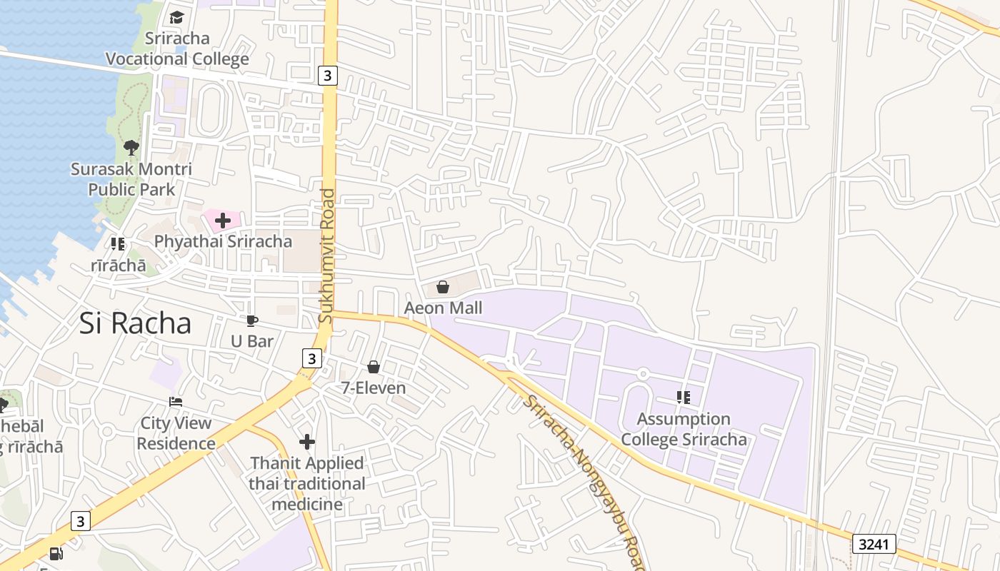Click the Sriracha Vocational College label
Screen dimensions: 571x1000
tap(177, 49)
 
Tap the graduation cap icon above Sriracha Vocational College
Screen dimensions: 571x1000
tap(176, 17)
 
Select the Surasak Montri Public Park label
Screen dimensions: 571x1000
tap(131, 179)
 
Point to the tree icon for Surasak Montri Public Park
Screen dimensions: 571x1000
tap(131, 148)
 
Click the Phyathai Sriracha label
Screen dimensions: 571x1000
tap(223, 241)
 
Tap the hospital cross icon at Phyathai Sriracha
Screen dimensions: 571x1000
tap(223, 221)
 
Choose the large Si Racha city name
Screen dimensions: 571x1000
tap(135, 323)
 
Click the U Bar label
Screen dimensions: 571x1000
tap(252, 341)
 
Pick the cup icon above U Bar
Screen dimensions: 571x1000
tap(251, 320)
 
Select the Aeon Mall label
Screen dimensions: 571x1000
tap(443, 308)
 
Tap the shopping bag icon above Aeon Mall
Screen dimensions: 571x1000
tap(443, 287)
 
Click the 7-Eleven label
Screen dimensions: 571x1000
tap(373, 388)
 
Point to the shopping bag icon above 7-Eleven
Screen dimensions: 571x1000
tap(373, 367)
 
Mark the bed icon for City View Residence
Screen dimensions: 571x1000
tap(176, 402)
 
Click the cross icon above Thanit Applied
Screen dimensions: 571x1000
tap(307, 442)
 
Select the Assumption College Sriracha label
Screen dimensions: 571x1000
tap(684, 429)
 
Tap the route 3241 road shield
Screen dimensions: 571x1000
tap(874, 544)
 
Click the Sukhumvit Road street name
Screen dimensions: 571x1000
tap(326, 255)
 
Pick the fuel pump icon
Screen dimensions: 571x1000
tap(56, 554)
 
